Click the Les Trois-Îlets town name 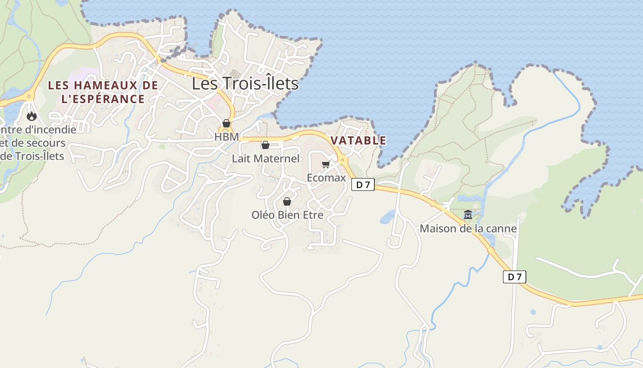(x=245, y=84)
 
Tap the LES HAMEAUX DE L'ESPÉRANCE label (x=103, y=92)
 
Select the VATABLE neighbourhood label (x=358, y=140)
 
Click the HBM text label (x=226, y=137)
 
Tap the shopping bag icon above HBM (x=226, y=123)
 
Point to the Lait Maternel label (x=265, y=159)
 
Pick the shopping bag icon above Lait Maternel (x=265, y=145)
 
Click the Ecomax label (x=326, y=178)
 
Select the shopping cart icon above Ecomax (x=326, y=164)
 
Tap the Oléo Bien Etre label (x=287, y=215)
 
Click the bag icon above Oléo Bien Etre (x=287, y=201)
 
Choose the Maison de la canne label (x=468, y=229)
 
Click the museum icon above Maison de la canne (x=468, y=215)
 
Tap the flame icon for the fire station (x=32, y=116)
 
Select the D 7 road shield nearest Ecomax (x=363, y=185)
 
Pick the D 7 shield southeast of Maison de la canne (x=514, y=277)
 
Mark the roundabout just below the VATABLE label (x=343, y=160)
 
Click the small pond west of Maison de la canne (x=387, y=216)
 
